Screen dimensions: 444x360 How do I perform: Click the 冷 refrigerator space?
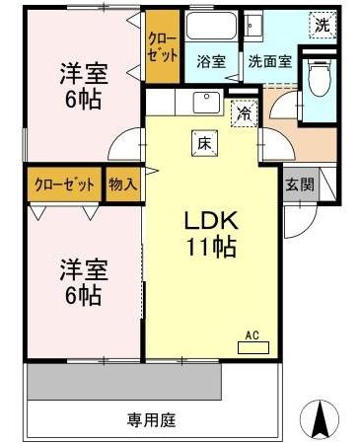243,112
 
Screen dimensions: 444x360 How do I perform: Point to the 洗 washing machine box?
323,24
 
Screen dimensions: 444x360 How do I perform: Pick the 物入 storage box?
123,185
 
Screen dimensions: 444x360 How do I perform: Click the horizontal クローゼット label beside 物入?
65,185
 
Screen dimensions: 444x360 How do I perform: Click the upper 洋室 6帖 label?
83,86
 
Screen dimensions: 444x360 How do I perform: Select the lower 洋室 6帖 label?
83,280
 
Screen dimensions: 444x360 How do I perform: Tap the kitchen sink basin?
207,100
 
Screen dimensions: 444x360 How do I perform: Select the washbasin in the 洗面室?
252,27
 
